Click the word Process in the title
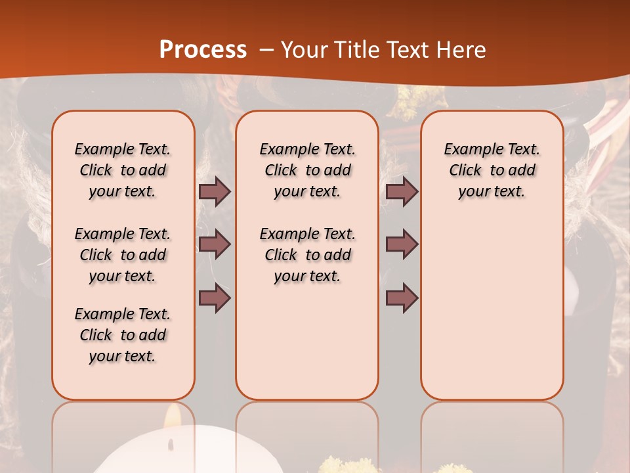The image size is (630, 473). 203,50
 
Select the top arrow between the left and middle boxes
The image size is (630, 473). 215,192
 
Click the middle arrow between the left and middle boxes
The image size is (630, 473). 215,244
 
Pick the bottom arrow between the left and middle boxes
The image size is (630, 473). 215,299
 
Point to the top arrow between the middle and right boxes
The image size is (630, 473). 402,192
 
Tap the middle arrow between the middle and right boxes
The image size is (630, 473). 402,244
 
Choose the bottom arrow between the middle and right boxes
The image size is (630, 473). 402,299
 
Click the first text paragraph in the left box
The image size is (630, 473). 123,170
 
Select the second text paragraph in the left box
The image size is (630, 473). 123,255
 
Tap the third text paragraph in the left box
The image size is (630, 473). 123,335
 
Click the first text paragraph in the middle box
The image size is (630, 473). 307,170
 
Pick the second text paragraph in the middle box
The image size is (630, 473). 307,255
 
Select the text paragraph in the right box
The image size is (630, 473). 492,170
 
